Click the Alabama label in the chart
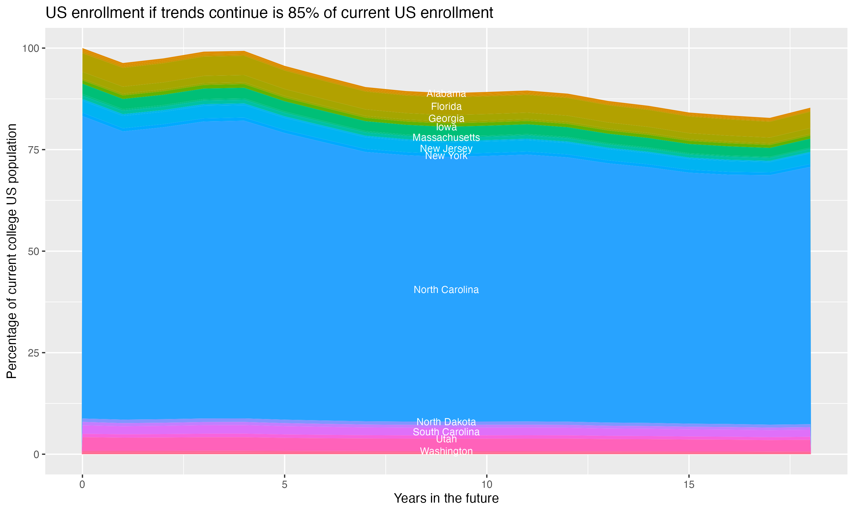(446, 94)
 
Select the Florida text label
(446, 107)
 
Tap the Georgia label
(446, 119)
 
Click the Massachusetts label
(446, 138)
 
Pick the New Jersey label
(446, 148)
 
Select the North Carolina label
(446, 290)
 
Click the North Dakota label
(446, 422)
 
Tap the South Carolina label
(446, 432)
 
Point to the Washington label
(446, 451)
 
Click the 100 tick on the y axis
(30, 48)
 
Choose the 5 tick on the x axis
(284, 485)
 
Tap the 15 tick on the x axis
(689, 485)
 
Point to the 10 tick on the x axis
(486, 485)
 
